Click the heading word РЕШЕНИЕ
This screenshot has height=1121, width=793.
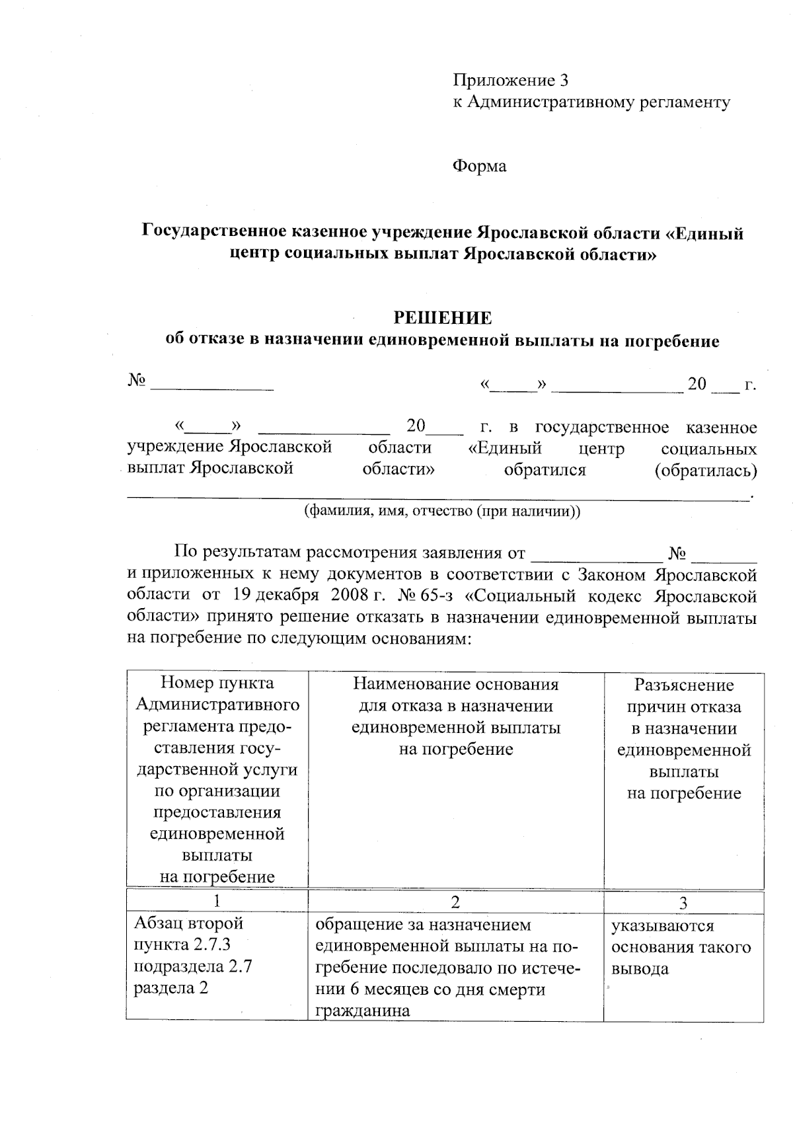(x=442, y=318)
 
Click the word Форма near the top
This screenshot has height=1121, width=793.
(x=479, y=166)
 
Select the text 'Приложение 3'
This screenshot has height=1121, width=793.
(x=510, y=81)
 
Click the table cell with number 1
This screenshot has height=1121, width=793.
(x=217, y=902)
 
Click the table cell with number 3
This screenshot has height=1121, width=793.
(x=683, y=902)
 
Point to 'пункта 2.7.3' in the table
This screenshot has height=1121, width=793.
(x=182, y=945)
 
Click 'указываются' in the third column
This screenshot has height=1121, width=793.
(x=662, y=926)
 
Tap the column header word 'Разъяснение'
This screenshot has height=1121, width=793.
(x=684, y=685)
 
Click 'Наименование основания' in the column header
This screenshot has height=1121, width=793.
(x=456, y=683)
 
